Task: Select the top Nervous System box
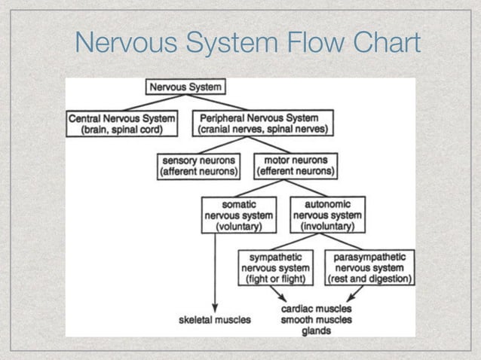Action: [186, 87]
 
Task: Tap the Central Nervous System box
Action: [122, 123]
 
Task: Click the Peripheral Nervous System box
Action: [263, 123]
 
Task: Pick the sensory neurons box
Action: [198, 166]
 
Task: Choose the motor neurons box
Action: [296, 166]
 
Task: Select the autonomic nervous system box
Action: [327, 215]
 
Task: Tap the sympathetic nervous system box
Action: [275, 267]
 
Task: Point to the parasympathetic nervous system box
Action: [369, 267]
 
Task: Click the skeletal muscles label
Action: [215, 320]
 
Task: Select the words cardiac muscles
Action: [316, 309]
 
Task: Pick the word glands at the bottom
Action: [316, 331]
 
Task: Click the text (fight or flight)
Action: [275, 279]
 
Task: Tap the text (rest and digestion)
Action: [369, 279]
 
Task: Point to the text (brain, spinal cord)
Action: [122, 129]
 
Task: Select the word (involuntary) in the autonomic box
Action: [327, 225]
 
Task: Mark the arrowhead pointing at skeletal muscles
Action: [215, 307]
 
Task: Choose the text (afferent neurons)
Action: [198, 172]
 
